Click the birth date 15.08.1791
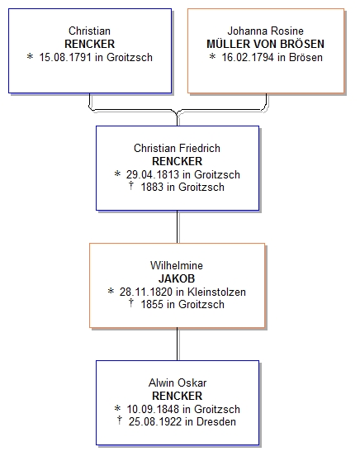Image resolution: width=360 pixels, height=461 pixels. click(x=65, y=57)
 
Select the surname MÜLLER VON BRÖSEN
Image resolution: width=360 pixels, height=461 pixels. click(x=265, y=44)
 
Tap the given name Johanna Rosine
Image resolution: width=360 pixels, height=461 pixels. click(x=265, y=31)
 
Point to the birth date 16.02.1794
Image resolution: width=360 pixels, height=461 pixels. click(x=248, y=57)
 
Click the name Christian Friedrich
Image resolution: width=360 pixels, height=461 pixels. click(x=177, y=148)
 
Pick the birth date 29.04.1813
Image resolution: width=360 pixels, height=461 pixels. click(x=153, y=174)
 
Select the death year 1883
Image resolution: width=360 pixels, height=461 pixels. click(x=152, y=187)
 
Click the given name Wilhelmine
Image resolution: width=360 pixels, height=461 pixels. click(x=177, y=265)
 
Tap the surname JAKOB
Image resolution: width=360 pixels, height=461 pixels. click(x=177, y=278)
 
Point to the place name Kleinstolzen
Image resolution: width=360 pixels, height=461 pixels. click(x=216, y=292)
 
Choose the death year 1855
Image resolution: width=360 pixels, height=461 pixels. click(x=152, y=304)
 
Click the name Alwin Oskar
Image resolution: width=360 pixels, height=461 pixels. click(x=178, y=383)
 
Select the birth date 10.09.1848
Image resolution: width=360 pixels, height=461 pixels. click(x=153, y=409)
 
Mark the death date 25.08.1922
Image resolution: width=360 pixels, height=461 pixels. click(x=155, y=421)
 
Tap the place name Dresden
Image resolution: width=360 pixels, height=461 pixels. click(x=216, y=421)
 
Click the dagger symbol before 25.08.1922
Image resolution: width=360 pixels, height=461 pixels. click(x=120, y=420)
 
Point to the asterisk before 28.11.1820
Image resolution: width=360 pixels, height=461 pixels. click(x=111, y=291)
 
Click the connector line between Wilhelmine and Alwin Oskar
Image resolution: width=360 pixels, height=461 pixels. click(x=178, y=344)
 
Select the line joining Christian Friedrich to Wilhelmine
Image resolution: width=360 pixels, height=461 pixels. click(x=178, y=226)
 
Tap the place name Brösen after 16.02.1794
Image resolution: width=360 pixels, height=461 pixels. click(x=306, y=57)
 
